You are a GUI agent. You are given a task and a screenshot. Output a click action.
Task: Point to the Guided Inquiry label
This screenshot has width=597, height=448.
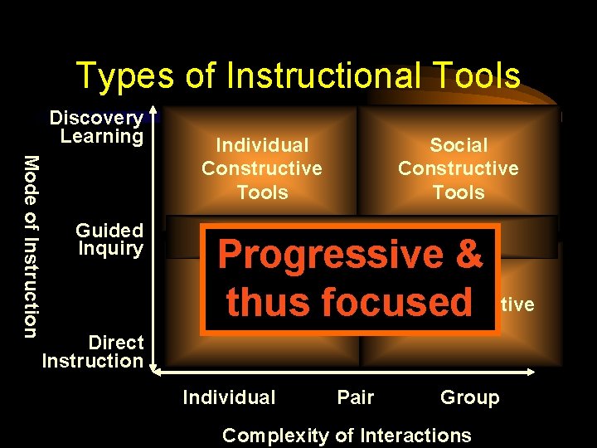pos(109,239)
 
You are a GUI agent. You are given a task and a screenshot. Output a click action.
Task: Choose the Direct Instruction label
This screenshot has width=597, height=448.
pos(93,351)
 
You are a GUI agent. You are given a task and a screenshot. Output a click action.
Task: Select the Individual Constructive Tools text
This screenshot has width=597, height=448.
pos(262,168)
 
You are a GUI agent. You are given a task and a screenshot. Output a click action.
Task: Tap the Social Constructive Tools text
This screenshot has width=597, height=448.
pos(459,168)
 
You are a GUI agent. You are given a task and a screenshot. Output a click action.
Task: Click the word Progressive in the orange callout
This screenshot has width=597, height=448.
pos(331,255)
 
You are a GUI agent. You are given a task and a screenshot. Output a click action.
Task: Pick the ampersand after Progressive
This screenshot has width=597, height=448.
pos(468,255)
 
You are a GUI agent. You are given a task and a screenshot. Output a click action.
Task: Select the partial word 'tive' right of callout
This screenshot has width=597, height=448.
pos(517,305)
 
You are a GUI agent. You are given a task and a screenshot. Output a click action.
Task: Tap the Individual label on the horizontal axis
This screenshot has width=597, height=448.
pos(229,397)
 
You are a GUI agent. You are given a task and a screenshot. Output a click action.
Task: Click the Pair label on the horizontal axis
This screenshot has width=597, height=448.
pos(356,397)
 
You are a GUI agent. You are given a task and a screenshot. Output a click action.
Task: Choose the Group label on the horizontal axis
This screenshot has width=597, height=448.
pos(470,397)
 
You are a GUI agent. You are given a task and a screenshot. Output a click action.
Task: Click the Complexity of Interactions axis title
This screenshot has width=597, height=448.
pos(347,435)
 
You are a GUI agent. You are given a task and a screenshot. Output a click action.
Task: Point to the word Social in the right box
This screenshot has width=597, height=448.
pos(459,145)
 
